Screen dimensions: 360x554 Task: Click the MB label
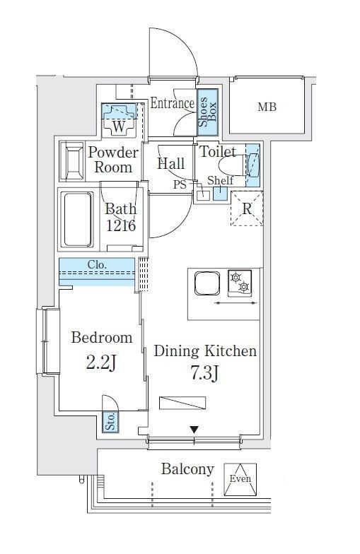pos(267,106)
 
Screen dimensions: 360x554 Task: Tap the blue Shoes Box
pos(208,112)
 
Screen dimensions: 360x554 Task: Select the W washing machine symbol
pos(119,120)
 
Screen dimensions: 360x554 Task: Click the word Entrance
pos(173,103)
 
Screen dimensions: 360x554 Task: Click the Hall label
pos(171,164)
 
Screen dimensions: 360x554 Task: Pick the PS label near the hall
pos(180,184)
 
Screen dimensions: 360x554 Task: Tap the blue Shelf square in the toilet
pos(220,194)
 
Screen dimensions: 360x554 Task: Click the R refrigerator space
pos(247,208)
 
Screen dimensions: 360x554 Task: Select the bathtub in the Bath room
pos(77,219)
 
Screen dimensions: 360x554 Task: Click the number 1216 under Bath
pos(121,225)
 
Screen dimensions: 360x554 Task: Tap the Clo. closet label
pos(97,264)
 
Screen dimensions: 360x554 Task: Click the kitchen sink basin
pos(207,283)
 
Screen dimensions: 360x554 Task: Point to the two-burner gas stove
pos(240,283)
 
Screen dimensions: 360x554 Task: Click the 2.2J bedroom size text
pos(101,363)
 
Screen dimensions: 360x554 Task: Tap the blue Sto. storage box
pos(110,421)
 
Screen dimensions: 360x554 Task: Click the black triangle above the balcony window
pos(194,430)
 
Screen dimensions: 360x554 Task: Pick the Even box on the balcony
pos(240,479)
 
